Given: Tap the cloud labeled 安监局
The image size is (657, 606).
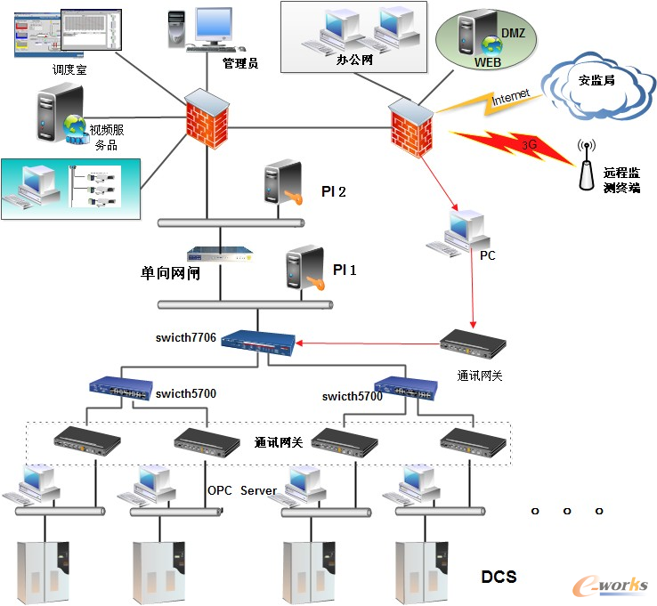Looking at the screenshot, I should [596, 82].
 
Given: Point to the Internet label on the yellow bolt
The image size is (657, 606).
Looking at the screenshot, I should [510, 95].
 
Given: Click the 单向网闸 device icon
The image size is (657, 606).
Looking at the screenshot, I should [219, 256].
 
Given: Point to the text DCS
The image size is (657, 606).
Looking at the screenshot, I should [499, 577].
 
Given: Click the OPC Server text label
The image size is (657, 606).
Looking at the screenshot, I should [242, 490].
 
